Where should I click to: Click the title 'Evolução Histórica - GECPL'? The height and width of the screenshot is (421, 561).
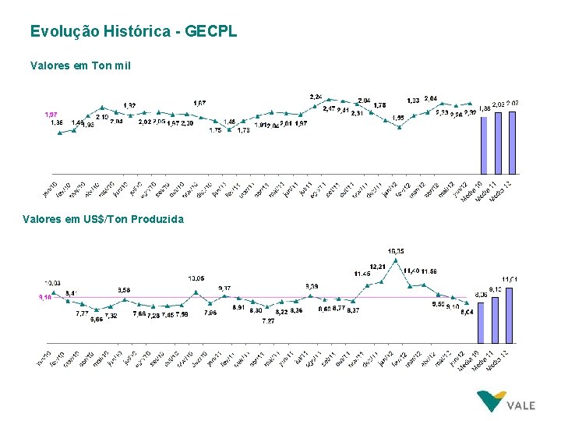(x=133, y=32)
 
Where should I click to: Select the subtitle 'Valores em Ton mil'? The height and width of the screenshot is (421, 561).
(x=80, y=65)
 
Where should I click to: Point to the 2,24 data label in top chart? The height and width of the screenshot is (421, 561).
(x=316, y=97)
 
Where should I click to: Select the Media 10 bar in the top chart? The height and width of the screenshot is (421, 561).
(x=485, y=144)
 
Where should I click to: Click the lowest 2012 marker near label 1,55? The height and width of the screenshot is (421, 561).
(x=399, y=126)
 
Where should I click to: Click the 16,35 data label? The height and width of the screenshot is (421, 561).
(x=396, y=251)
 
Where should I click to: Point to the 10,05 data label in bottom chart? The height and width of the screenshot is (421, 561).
(x=196, y=278)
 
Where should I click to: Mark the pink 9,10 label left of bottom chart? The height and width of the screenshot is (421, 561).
(x=45, y=297)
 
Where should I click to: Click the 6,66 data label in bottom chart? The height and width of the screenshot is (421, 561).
(x=96, y=320)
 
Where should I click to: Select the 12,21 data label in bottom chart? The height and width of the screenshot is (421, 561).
(x=377, y=267)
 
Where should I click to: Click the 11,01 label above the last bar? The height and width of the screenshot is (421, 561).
(x=510, y=278)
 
